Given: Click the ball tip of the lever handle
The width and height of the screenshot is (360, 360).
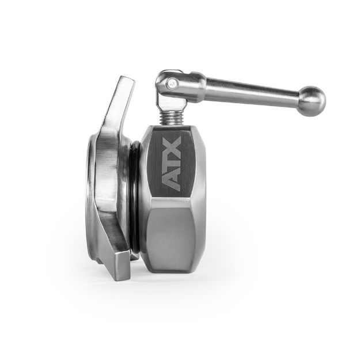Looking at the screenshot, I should tap(312, 100).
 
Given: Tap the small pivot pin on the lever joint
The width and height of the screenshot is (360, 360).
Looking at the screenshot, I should tap(169, 84).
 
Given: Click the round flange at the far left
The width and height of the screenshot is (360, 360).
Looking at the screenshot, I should tap(92, 196).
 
